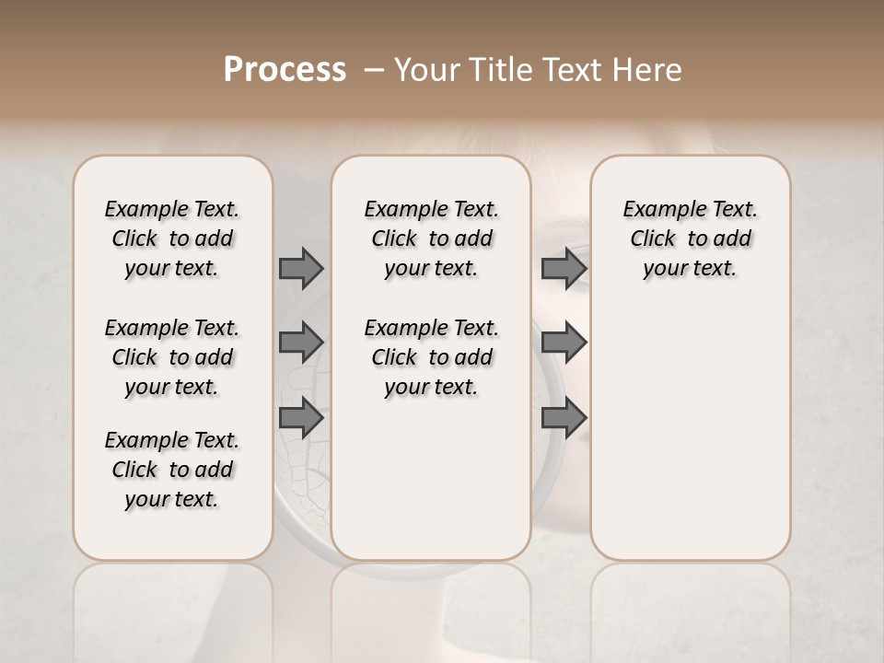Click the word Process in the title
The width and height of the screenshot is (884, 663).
285,70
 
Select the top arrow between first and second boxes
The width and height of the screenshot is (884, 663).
301,268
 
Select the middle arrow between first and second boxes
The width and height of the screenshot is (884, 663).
301,343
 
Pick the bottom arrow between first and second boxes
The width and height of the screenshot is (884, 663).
301,418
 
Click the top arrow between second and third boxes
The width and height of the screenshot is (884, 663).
564,268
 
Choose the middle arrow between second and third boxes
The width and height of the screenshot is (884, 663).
564,343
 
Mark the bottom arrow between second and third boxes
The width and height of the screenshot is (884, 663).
564,418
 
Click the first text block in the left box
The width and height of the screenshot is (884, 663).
172,238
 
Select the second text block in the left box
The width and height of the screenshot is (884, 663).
172,357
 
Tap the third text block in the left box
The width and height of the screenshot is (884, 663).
172,470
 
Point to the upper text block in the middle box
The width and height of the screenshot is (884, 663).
431,238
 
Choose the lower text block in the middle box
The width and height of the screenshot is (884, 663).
431,357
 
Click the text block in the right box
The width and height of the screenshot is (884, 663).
690,238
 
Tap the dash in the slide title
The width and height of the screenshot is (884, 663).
374,70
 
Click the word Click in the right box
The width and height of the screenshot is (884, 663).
653,239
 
